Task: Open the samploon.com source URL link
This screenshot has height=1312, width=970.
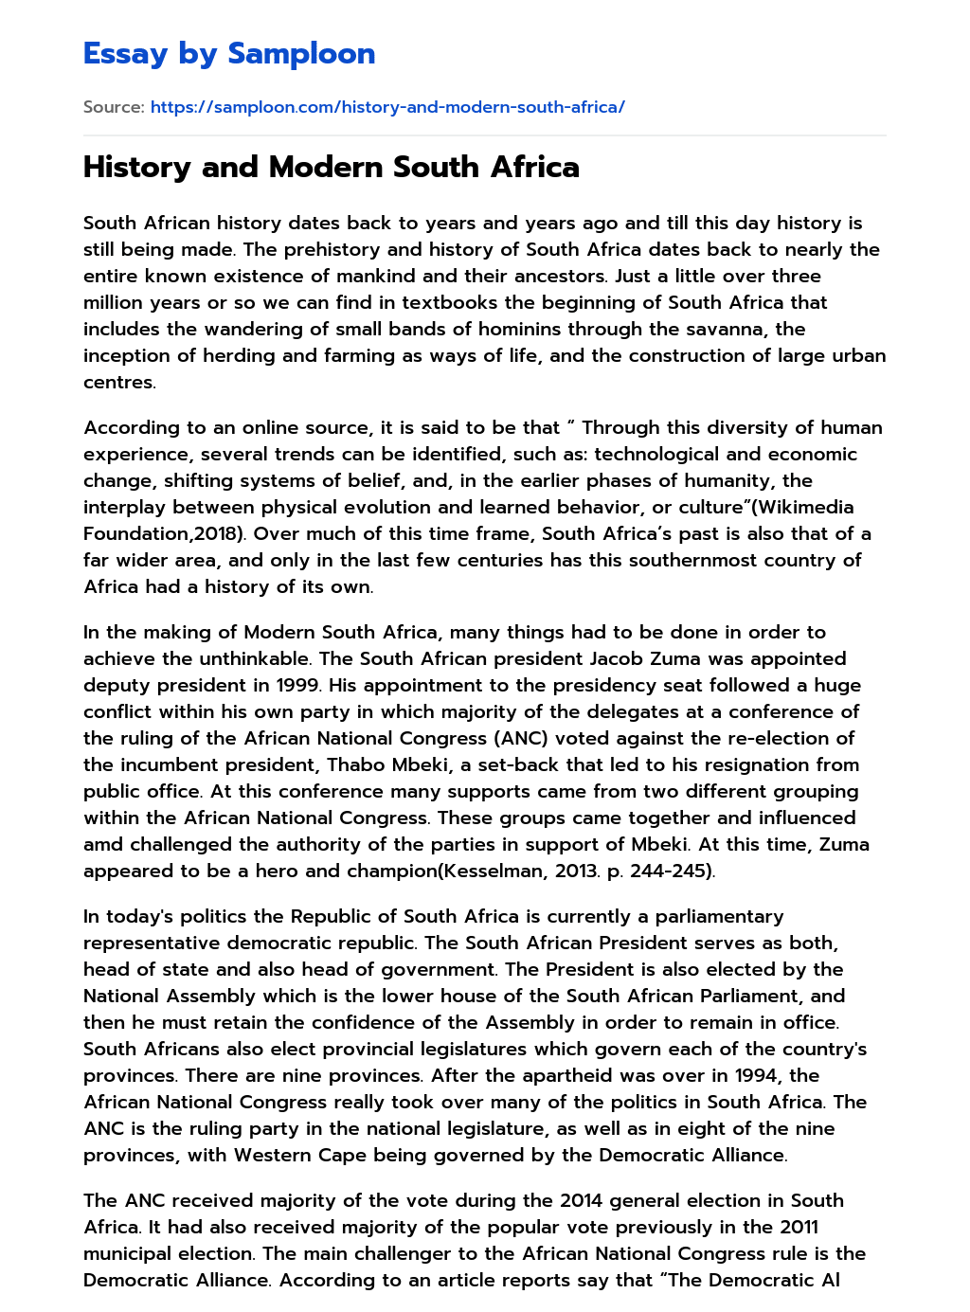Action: tap(387, 107)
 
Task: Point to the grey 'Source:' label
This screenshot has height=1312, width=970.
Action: tap(114, 107)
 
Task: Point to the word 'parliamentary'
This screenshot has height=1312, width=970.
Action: tap(720, 916)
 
